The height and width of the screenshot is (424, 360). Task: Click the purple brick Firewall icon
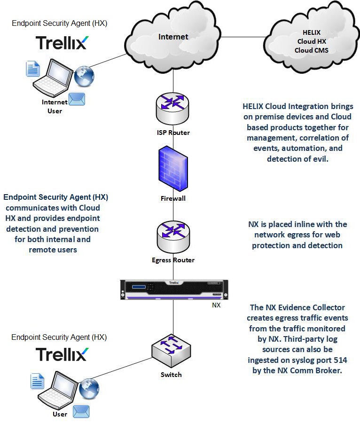(173, 168)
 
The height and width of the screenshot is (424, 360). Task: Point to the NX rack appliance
(173, 289)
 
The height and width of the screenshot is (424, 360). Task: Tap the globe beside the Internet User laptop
(85, 75)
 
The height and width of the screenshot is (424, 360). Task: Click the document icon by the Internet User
(32, 69)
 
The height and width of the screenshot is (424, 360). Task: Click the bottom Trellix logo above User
(61, 353)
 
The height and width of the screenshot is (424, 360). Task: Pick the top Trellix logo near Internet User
(61, 42)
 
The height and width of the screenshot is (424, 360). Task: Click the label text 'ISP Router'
(173, 133)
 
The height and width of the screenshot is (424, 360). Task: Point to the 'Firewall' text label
(173, 198)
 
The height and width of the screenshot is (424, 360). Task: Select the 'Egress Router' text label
(173, 260)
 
